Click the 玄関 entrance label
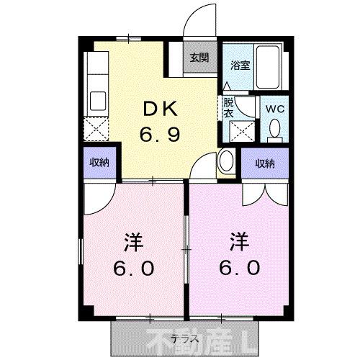pos(199,58)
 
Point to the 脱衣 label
pos(229,107)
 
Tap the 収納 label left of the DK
pos(99,162)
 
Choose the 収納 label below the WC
pos(264,163)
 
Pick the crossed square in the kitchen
pos(96,130)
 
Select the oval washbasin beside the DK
pos(225,161)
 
